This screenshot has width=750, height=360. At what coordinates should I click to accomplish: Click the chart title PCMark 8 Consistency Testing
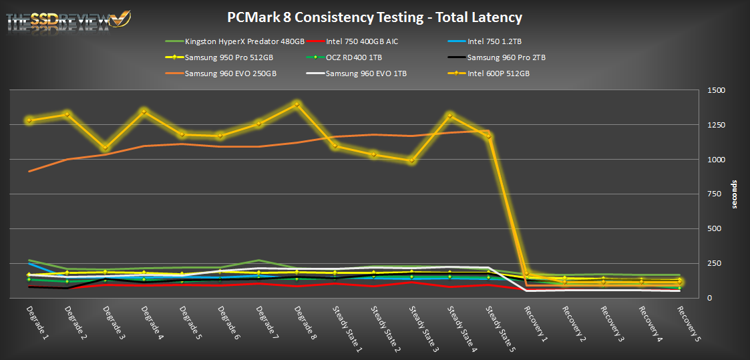(375, 18)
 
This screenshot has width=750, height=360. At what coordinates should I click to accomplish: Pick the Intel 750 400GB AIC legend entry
(367, 42)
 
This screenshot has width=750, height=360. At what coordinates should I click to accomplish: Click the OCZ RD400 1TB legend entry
(357, 57)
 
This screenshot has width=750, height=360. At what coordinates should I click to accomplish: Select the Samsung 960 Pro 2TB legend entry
(506, 57)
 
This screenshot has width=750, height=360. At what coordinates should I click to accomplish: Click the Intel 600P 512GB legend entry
(498, 73)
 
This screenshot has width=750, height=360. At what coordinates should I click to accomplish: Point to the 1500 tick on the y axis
(717, 90)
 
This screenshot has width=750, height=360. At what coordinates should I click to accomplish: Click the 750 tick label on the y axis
(714, 194)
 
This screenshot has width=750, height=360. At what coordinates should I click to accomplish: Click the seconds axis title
(734, 194)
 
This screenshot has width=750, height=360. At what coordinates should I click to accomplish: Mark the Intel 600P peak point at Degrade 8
(297, 104)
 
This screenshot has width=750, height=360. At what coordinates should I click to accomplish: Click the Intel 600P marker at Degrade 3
(106, 148)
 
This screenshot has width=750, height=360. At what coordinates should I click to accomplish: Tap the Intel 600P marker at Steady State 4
(449, 116)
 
